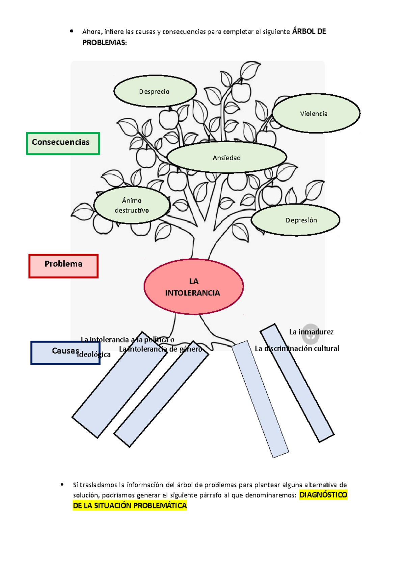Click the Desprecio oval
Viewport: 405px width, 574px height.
[x=155, y=91]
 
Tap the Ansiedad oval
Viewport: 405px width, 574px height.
[x=226, y=158]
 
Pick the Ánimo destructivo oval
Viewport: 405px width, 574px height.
[x=132, y=205]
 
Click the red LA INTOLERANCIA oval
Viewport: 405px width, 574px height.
[x=193, y=287]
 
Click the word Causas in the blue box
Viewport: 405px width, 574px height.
[x=65, y=351]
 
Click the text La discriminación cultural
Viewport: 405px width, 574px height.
[x=297, y=349]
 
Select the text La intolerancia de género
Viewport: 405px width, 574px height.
[x=160, y=349]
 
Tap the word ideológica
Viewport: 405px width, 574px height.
[x=94, y=354]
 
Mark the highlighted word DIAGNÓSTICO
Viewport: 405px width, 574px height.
[x=323, y=495]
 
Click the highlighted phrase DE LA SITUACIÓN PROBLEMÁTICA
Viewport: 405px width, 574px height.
[x=130, y=506]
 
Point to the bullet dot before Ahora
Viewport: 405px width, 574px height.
[x=72, y=31]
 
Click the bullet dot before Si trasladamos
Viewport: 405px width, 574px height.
[x=62, y=484]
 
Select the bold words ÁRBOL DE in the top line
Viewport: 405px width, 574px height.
[x=309, y=31]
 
